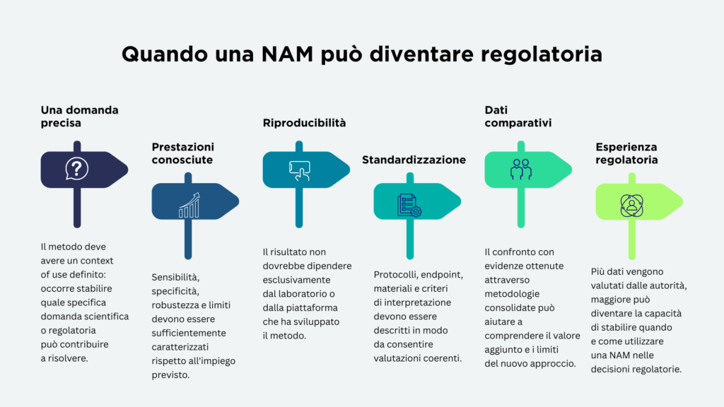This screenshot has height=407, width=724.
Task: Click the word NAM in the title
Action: coord(287,54)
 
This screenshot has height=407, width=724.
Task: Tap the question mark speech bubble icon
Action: coord(76,168)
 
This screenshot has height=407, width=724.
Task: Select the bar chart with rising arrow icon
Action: coord(189,206)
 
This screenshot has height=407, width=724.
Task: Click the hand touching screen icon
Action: coord(299,171)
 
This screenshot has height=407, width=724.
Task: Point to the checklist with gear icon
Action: coord(409,206)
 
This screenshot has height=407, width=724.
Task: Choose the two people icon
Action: coord(521,170)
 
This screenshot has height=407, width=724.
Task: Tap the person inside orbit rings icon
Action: coord(631,206)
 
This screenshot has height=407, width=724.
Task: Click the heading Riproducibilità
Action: coord(304,123)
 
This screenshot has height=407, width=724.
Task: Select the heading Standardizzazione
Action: coord(414,160)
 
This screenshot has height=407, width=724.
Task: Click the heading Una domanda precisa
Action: coord(79,117)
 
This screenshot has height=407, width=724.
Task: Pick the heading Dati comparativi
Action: coord(518,117)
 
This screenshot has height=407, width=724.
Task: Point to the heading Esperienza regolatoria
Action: coord(626,153)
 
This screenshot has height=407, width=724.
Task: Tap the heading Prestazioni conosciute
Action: coord(183,153)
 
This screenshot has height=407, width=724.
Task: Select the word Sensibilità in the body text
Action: coord(175,277)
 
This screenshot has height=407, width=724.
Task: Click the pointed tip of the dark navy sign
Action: coord(128,170)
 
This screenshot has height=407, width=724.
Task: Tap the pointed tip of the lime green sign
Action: coord(682,201)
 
